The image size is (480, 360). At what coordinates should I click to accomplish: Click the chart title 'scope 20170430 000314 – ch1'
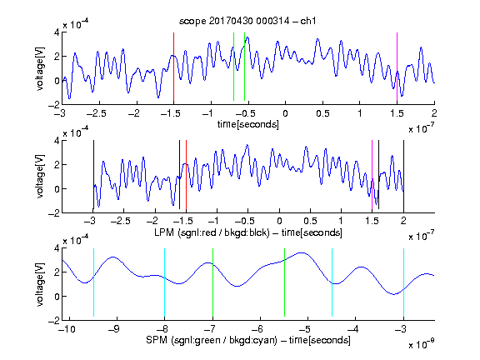[247, 21]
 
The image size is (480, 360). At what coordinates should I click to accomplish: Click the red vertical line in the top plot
[173, 67]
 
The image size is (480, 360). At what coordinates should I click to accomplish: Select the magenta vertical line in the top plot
[397, 67]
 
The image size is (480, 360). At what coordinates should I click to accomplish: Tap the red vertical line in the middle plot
[186, 175]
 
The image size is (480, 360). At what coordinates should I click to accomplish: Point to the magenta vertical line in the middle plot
[372, 175]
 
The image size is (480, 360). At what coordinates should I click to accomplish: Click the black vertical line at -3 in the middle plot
[93, 175]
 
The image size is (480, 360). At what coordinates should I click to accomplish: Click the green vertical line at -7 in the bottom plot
[212, 282]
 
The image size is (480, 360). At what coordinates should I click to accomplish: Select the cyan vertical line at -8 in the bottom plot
[165, 282]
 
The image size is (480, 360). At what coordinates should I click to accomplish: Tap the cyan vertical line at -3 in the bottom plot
[403, 282]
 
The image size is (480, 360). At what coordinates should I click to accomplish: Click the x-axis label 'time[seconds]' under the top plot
[248, 125]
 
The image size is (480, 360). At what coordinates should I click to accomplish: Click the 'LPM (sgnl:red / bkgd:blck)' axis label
[212, 232]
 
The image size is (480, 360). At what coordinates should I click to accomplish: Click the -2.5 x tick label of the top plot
[96, 113]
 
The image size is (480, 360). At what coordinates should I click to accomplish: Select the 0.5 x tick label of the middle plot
[310, 221]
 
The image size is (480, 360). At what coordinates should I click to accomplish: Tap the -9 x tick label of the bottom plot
[114, 329]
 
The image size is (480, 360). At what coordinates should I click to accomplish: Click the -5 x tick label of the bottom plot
[305, 329]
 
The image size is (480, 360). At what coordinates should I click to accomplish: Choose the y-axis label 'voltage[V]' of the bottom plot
[40, 285]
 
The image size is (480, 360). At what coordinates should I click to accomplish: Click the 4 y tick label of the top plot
[57, 32]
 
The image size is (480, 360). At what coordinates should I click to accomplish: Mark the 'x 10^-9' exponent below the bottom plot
[421, 344]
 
